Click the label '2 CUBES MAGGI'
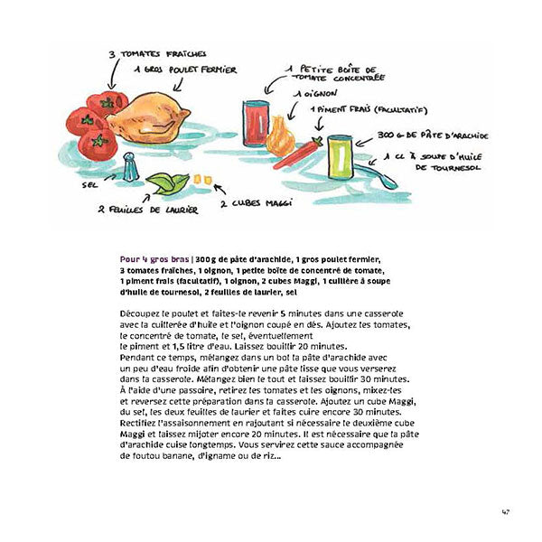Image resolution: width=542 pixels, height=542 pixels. click(257, 204)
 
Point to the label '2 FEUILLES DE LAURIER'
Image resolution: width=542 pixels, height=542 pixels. click(139, 209)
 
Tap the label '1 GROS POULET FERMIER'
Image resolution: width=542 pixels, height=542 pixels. click(184, 69)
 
